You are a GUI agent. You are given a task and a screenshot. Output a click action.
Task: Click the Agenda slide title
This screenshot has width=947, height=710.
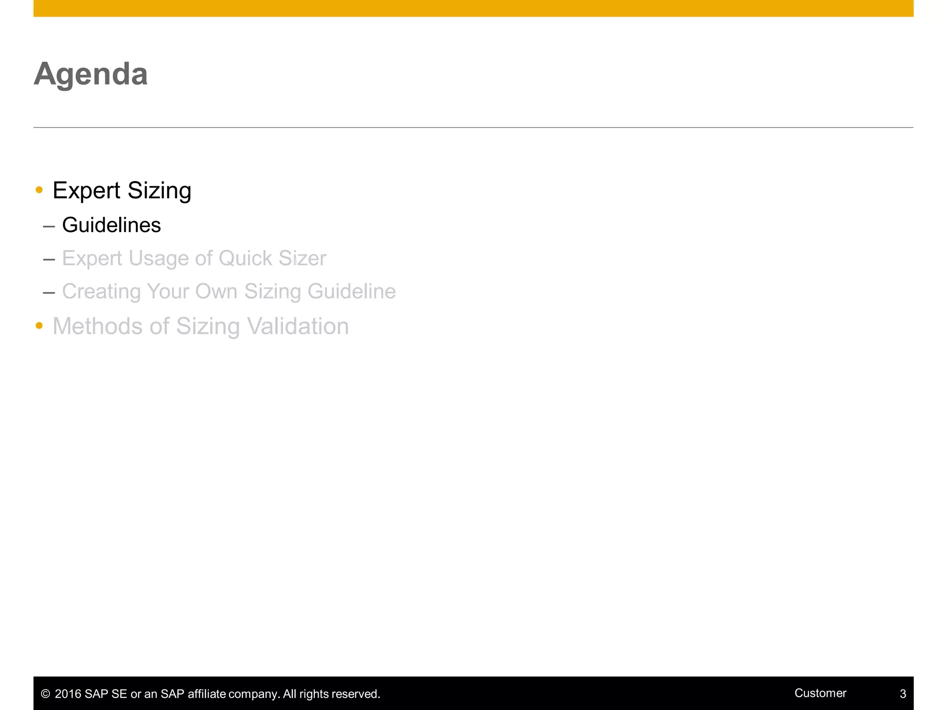(x=91, y=74)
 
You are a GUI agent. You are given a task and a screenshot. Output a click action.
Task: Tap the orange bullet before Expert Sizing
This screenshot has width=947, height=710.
(x=39, y=190)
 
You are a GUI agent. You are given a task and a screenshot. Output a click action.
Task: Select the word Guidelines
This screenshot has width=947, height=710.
(x=111, y=226)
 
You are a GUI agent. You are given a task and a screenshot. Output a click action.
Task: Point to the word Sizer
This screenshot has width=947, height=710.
(x=302, y=258)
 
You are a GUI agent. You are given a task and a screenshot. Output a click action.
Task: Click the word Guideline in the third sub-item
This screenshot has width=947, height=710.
(x=351, y=292)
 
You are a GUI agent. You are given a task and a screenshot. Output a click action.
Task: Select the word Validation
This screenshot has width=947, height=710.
(x=298, y=326)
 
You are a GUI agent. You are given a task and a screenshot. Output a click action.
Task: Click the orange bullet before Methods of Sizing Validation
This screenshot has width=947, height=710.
(x=39, y=326)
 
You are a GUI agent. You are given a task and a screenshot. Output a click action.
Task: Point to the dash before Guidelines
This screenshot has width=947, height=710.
(x=49, y=226)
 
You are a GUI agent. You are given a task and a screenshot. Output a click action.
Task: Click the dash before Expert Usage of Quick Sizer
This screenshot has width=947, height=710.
(x=49, y=259)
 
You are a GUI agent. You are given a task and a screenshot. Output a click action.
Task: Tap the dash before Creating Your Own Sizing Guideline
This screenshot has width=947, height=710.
(x=49, y=293)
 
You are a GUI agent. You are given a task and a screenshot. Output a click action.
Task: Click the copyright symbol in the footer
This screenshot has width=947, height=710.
(x=45, y=694)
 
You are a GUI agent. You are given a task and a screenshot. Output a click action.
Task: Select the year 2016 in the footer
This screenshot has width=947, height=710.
(x=68, y=694)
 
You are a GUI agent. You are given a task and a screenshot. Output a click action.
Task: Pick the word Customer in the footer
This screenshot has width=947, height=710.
(x=820, y=693)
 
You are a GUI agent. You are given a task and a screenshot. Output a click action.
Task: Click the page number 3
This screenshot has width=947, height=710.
(x=903, y=694)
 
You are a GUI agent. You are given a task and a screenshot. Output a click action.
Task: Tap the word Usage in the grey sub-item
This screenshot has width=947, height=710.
(x=158, y=258)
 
